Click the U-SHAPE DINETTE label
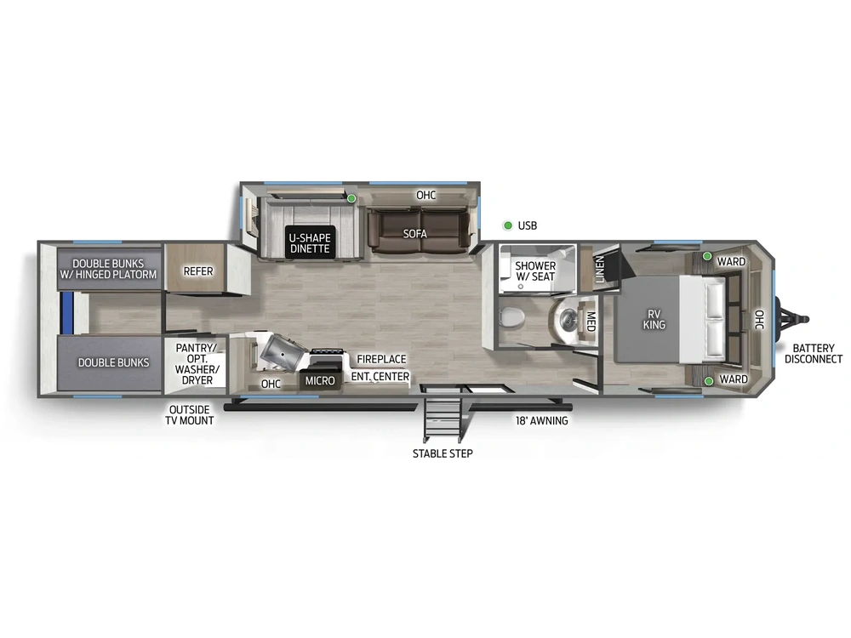[308, 242]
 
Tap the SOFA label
[415, 234]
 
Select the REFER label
[198, 271]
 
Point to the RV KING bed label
[654, 319]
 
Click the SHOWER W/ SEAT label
[535, 271]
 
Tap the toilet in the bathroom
[511, 318]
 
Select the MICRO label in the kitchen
[320, 380]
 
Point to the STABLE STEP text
[443, 453]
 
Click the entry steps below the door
[442, 418]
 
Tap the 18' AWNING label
[541, 420]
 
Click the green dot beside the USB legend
[507, 225]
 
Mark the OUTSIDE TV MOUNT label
[191, 414]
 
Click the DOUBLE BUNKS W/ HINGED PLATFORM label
[108, 269]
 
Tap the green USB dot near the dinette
[351, 198]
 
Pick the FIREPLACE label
[381, 360]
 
